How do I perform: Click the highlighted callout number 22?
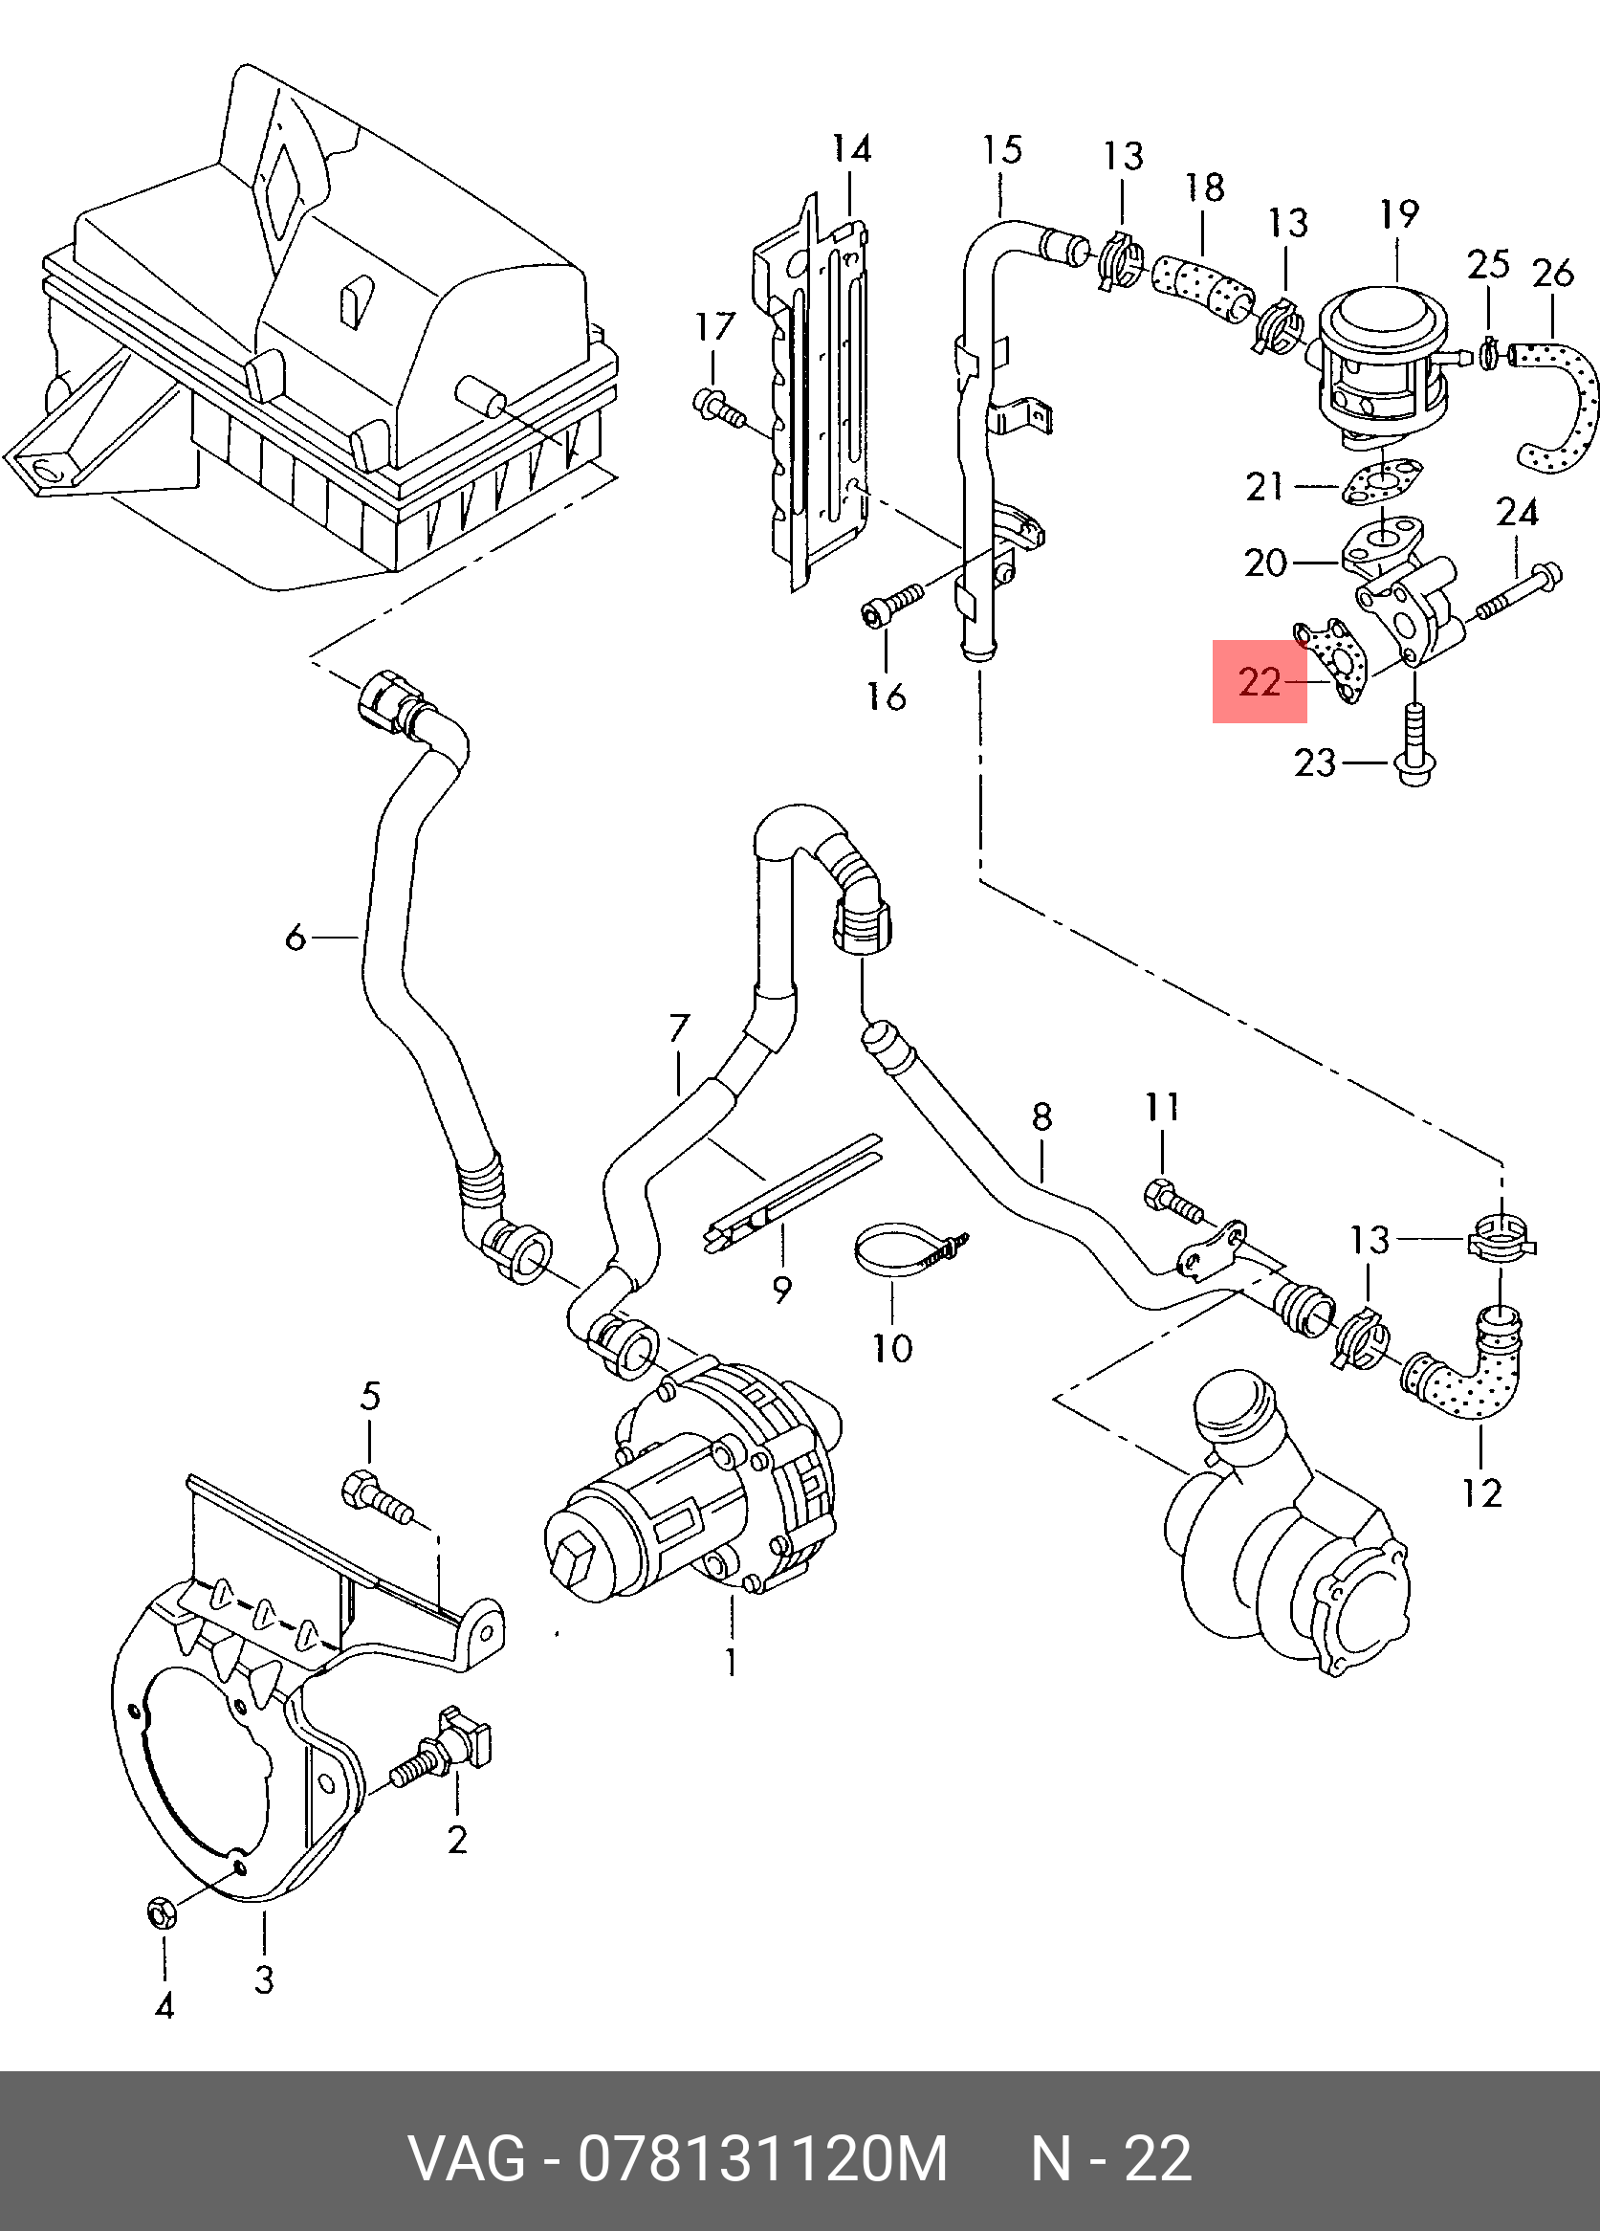1260,682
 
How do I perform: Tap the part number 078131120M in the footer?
763,2159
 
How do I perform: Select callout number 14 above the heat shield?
851,148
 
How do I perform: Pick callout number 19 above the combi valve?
1399,213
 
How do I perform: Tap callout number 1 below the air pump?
731,1663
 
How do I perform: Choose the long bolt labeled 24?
1515,591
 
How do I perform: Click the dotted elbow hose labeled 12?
1462,1362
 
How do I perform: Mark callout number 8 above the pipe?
1042,1116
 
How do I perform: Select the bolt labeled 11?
1173,1199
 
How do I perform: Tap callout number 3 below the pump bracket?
264,1979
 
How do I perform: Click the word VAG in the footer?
467,2159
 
